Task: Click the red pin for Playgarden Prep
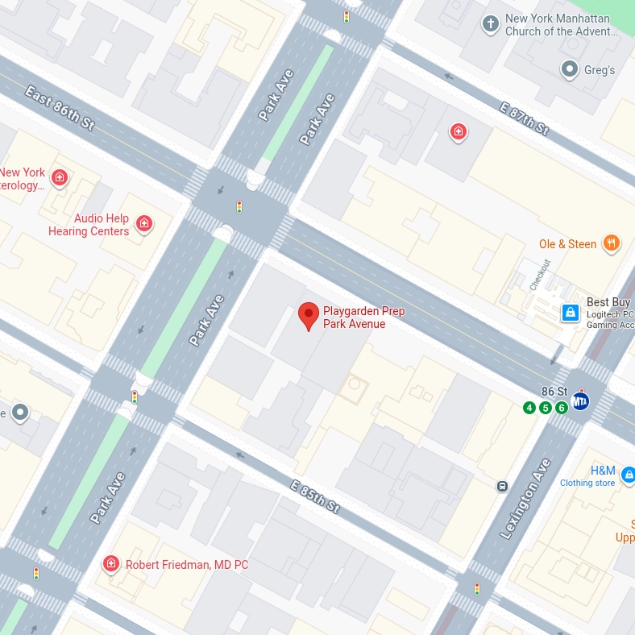[x=308, y=315]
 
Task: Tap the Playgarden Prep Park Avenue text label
[x=363, y=317]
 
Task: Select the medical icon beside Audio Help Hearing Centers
[x=144, y=223]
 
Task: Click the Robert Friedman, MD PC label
[x=186, y=565]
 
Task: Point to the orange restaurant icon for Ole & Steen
[x=612, y=243]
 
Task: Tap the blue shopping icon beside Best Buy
[x=570, y=312]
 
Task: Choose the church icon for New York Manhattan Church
[x=490, y=23]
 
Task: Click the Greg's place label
[x=600, y=70]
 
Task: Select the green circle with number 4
[x=529, y=408]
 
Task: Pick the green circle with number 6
[x=562, y=408]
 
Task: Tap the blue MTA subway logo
[x=580, y=401]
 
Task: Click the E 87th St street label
[x=524, y=118]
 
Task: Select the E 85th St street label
[x=315, y=494]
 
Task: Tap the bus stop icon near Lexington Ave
[x=502, y=486]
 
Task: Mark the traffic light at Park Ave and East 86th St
[x=239, y=207]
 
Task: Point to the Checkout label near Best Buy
[x=539, y=275]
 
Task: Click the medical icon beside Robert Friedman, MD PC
[x=111, y=563]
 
